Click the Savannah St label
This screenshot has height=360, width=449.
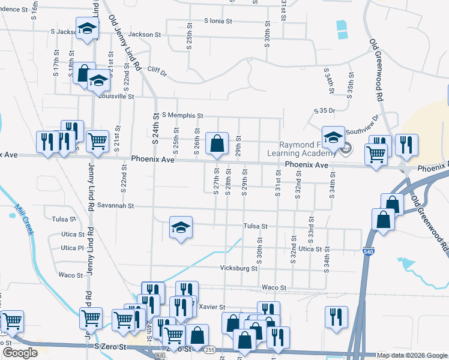click(113, 206)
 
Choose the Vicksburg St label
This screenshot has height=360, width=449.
click(238, 268)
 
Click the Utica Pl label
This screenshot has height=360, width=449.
click(72, 248)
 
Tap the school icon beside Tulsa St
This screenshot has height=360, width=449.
click(181, 228)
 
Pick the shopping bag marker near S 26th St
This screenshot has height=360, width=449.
click(217, 144)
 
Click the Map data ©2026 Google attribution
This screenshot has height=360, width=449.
click(412, 355)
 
